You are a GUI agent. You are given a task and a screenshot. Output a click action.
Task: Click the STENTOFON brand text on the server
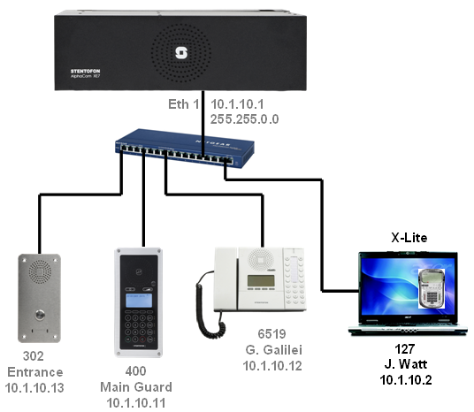point(85,71)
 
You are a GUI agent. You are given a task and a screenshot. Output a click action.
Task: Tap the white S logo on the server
point(181,53)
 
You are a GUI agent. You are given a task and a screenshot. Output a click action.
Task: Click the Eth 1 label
point(183,104)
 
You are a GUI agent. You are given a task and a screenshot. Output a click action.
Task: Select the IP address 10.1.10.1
point(237,104)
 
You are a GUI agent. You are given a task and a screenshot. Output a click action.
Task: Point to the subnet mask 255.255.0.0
point(245,119)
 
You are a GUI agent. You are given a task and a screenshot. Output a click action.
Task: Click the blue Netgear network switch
point(185,149)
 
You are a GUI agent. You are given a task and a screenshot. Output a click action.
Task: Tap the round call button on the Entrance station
point(40,315)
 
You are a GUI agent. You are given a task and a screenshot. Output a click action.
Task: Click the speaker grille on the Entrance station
point(40,272)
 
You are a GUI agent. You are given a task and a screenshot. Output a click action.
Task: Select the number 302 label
point(34,356)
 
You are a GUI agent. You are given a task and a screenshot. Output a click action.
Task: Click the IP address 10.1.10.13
point(34,388)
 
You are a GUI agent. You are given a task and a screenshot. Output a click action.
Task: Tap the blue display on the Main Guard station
point(139,300)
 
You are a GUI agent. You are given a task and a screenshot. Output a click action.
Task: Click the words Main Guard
point(136,387)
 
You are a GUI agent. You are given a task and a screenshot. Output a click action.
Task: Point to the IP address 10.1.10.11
point(136,403)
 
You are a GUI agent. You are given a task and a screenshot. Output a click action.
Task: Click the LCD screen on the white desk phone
point(261,281)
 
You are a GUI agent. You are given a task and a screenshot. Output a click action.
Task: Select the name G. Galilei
point(274,350)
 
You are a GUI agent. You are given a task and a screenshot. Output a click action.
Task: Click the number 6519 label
point(271,334)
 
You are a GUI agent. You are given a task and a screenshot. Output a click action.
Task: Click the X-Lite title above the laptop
point(409,238)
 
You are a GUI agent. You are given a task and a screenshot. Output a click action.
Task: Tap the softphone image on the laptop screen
point(432,289)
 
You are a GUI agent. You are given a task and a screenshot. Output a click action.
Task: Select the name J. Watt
point(406,364)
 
